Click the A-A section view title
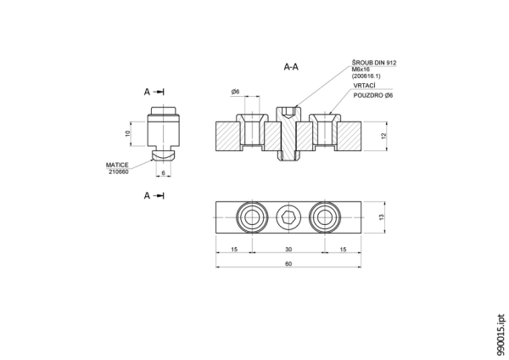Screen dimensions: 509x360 [x=291, y=67]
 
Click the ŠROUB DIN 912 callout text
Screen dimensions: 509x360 [x=374, y=63]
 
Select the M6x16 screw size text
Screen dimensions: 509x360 [x=361, y=70]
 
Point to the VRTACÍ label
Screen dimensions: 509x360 [x=364, y=86]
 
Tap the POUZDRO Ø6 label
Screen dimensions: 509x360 [x=373, y=96]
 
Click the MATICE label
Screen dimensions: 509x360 [x=117, y=165]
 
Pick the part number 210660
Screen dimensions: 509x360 [x=119, y=172]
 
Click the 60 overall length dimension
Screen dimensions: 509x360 [x=288, y=263]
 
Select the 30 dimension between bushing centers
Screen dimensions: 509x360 [x=288, y=250]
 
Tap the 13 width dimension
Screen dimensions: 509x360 [x=381, y=217]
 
